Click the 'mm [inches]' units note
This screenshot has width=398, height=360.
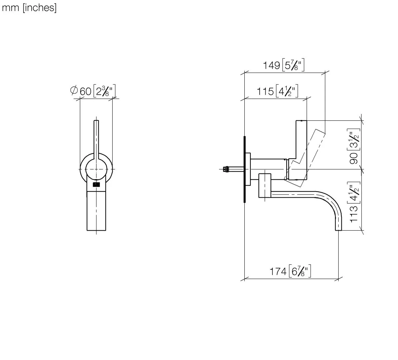[x=29, y=8]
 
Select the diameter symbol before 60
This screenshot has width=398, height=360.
[x=74, y=90]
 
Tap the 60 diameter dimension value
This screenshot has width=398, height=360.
[x=86, y=91]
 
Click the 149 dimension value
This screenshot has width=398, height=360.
[x=271, y=65]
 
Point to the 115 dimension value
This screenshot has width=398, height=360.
[x=265, y=91]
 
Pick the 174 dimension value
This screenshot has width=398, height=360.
[x=278, y=272]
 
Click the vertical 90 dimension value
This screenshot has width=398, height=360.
[x=354, y=159]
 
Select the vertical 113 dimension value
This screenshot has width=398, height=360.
[x=354, y=213]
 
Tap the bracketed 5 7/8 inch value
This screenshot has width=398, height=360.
[x=293, y=65]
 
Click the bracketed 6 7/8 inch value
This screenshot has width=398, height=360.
[x=300, y=272]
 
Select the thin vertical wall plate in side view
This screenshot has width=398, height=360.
[x=245, y=169]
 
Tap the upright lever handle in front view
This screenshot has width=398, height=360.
[x=96, y=137]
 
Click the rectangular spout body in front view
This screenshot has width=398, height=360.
[x=96, y=211]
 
